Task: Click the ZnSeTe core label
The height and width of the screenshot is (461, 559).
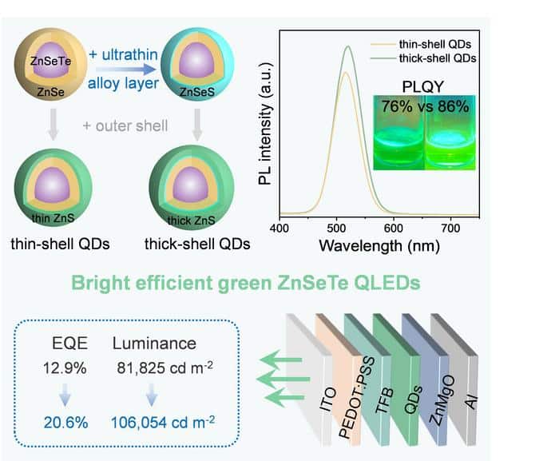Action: (50, 61)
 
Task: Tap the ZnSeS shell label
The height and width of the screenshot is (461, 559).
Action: (196, 92)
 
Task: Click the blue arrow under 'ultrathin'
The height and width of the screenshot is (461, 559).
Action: (126, 70)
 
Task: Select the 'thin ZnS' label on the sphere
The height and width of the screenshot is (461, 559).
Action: (54, 218)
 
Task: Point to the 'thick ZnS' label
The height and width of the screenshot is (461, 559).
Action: (192, 221)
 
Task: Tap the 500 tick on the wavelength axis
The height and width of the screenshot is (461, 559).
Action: (336, 228)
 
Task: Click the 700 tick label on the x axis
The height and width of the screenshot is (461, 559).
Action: (450, 228)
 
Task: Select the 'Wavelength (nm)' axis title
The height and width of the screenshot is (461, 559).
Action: (379, 246)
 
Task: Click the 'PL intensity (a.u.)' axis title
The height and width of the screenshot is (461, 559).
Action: (265, 124)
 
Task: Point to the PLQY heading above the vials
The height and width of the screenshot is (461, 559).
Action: (423, 87)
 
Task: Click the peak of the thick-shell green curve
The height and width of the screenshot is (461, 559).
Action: (348, 46)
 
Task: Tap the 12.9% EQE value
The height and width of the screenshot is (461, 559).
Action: (65, 368)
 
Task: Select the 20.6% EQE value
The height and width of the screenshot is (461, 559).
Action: (66, 423)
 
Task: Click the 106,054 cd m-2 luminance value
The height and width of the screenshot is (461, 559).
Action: (163, 422)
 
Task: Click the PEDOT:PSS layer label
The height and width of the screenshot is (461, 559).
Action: (357, 397)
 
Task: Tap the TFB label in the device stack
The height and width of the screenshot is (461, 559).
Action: (385, 400)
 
